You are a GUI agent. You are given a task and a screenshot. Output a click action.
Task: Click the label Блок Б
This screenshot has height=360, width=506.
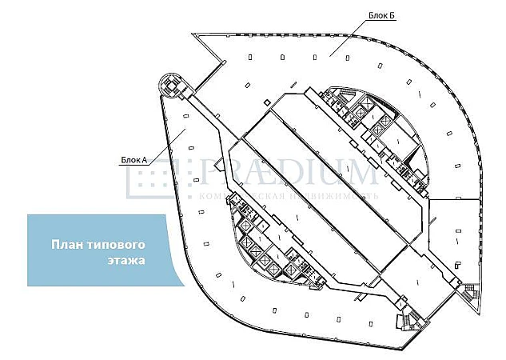382,15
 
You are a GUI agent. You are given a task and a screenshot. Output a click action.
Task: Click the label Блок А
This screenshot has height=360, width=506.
134,160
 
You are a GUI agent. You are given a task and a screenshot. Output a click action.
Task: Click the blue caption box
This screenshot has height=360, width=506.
100,250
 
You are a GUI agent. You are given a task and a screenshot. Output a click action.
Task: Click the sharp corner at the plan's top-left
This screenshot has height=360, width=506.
193,34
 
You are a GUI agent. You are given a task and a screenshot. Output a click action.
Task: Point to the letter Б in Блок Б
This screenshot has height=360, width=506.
393,15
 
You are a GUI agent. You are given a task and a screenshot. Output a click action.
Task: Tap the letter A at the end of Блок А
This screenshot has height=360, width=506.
145,160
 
